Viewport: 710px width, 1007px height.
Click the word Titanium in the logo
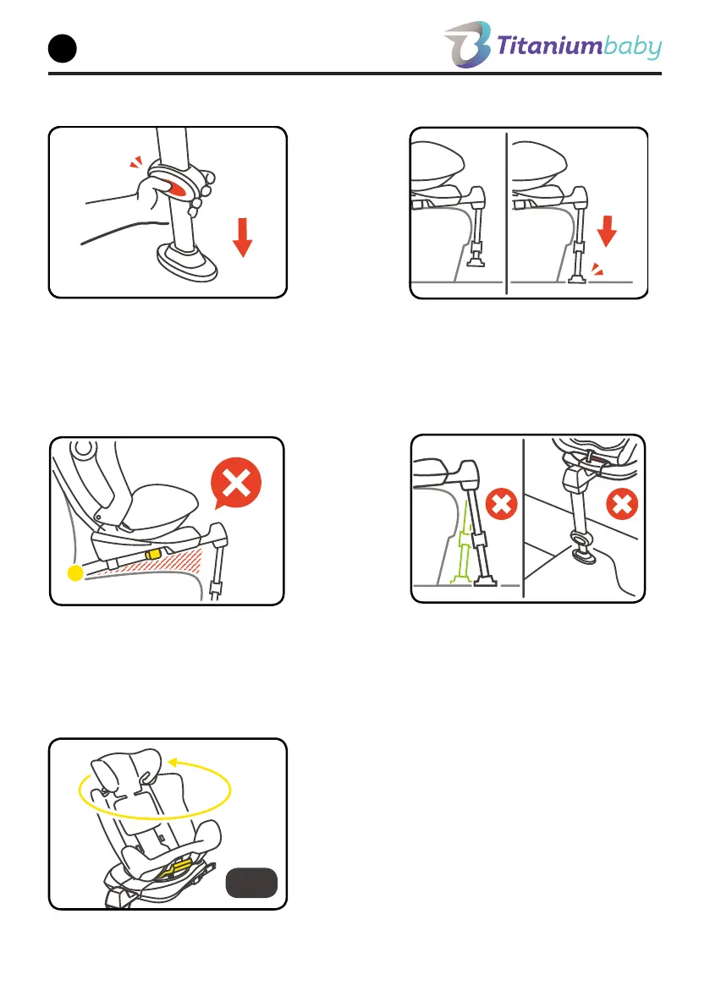[548, 47]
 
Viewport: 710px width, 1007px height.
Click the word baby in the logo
[633, 47]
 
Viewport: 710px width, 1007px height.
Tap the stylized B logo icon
[467, 44]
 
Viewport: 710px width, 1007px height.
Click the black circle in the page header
[63, 49]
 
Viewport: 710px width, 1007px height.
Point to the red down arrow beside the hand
[242, 237]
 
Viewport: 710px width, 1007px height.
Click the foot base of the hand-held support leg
[187, 263]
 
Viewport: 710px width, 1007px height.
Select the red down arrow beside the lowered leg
[607, 231]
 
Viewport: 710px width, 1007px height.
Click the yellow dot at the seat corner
[75, 573]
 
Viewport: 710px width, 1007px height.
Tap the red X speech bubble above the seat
[236, 483]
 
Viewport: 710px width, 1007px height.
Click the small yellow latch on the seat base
[153, 553]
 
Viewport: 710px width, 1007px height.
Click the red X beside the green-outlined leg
[501, 504]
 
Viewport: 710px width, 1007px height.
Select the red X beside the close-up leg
[622, 504]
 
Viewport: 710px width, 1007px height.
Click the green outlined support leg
[463, 543]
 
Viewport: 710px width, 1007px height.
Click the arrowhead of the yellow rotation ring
[172, 763]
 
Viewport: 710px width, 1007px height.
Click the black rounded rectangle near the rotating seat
[251, 883]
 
